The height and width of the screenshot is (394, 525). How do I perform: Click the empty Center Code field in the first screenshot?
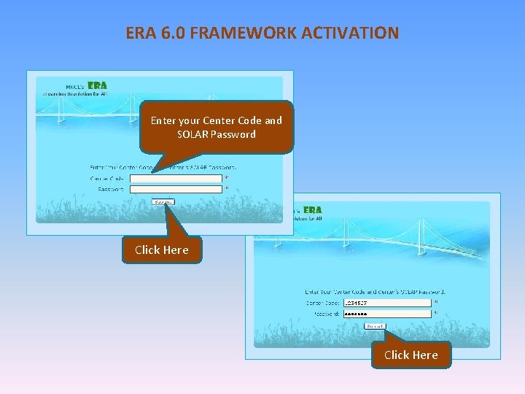tap(175, 178)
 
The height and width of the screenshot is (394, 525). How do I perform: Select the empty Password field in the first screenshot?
tap(175, 189)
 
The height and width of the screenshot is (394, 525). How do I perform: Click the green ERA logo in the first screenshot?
tap(97, 85)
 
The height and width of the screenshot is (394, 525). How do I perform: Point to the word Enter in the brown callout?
tap(163, 120)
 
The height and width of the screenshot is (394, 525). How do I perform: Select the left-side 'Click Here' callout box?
tap(161, 250)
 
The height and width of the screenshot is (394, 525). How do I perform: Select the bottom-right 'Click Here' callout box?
tap(411, 355)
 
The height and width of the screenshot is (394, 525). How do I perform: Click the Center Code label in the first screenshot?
tap(107, 178)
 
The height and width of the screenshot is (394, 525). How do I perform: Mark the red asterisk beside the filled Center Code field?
tap(436, 302)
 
